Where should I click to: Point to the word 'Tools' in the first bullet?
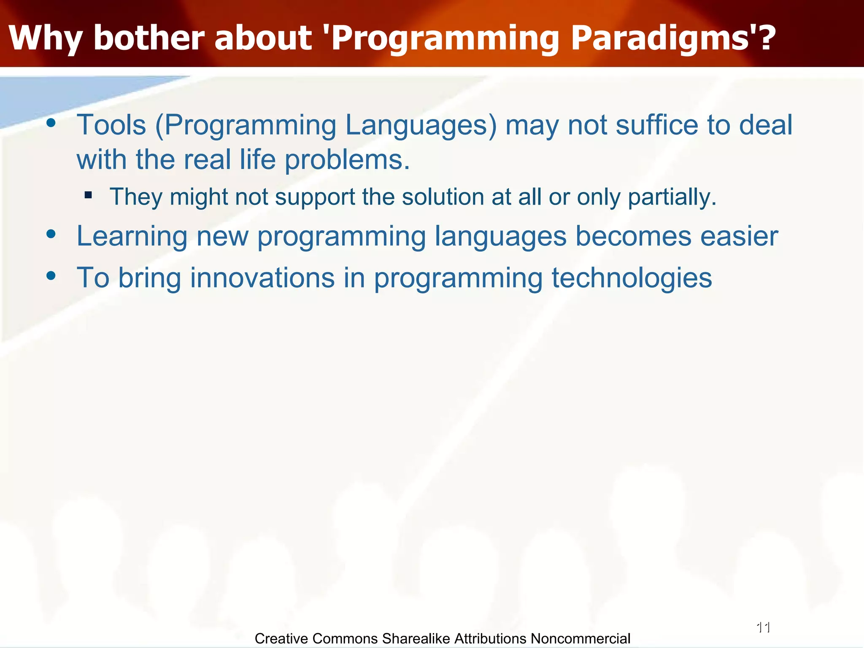click(x=111, y=125)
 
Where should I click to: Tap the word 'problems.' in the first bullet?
click(x=347, y=161)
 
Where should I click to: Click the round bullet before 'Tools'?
click(x=51, y=123)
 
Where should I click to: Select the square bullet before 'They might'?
click(x=88, y=195)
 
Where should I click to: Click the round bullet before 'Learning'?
click(x=51, y=234)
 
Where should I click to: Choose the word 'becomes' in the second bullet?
click(x=633, y=236)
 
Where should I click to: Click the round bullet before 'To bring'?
click(x=51, y=276)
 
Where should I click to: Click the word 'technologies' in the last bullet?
click(x=632, y=279)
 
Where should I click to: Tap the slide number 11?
click(x=764, y=627)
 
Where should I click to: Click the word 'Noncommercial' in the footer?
click(x=580, y=639)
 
